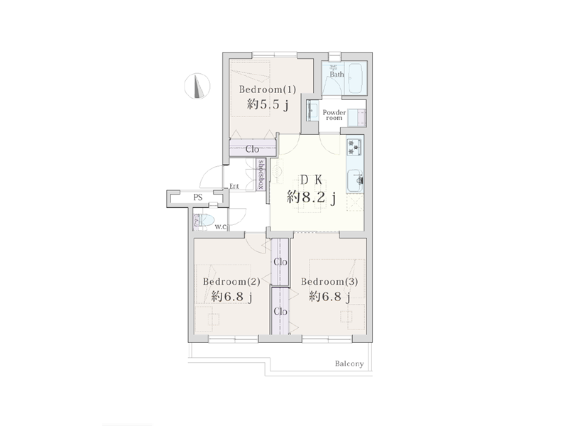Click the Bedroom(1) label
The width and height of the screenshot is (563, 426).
pos(268,89)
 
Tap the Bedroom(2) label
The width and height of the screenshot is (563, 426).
pos(231,281)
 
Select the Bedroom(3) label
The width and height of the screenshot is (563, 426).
pos(329,281)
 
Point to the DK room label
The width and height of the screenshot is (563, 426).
pos(311,180)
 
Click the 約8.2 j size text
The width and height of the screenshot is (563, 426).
pos(311,197)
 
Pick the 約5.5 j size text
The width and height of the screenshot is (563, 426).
pos(268,104)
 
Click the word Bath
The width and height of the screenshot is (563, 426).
pos(337,75)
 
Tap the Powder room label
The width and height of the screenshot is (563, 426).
pos(334,115)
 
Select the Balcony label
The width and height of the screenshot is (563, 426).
pos(349,364)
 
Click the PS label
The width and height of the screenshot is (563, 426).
pos(198,197)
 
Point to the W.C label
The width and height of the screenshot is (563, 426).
pos(221,226)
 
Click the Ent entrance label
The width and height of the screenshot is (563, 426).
pos(234,186)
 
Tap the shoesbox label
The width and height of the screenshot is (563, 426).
pos(261,175)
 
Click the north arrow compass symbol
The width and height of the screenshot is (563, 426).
pos(197,86)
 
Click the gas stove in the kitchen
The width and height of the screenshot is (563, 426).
pos(354,147)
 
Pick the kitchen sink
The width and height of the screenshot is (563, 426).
pos(355,180)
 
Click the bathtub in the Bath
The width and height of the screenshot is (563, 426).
pos(356,78)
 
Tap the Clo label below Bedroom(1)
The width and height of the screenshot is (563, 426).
pos(252,149)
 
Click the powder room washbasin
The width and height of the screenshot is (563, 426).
pos(312,110)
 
